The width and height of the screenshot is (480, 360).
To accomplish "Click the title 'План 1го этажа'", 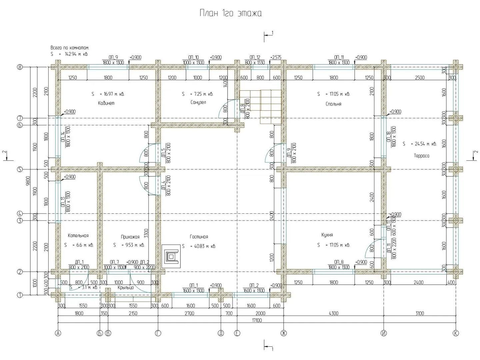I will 230,13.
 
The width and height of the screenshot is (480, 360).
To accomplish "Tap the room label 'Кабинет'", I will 106,103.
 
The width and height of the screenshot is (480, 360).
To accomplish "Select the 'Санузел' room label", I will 198,102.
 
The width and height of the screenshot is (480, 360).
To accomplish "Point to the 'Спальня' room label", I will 333,104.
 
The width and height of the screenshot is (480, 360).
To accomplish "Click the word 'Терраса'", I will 422,156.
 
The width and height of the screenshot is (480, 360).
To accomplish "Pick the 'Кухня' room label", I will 327,235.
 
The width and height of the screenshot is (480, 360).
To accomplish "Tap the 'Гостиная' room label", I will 199,237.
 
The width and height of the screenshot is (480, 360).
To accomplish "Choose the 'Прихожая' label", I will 130,237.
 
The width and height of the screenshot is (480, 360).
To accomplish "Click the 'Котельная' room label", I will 78,236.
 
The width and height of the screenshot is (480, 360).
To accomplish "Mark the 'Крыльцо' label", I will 126,287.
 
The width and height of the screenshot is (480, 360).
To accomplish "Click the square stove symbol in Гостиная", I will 171,256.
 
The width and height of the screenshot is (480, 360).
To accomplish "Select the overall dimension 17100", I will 257,321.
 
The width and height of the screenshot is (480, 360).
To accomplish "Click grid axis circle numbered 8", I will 20,67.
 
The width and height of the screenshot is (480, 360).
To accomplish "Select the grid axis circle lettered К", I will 455,333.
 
